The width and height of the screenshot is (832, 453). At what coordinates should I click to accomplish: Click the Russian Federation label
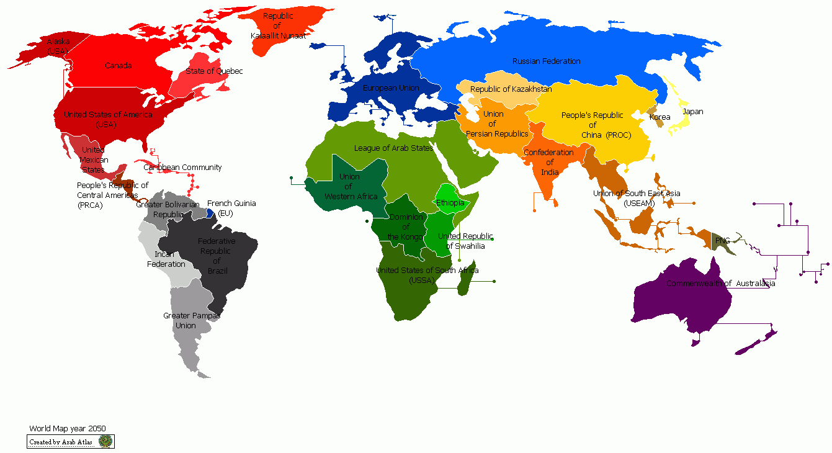pyautogui.click(x=546, y=61)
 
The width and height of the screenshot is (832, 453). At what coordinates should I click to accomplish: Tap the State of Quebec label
pyautogui.click(x=214, y=71)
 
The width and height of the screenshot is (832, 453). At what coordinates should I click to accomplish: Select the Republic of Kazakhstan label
pyautogui.click(x=511, y=89)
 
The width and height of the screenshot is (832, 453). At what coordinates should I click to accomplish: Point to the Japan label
pyautogui.click(x=692, y=112)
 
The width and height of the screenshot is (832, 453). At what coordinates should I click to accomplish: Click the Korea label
pyautogui.click(x=660, y=117)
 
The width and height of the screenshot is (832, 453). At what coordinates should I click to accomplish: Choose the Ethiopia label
pyautogui.click(x=450, y=203)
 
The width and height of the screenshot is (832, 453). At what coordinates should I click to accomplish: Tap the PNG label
pyautogui.click(x=722, y=240)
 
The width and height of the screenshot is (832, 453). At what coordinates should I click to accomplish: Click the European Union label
pyautogui.click(x=391, y=88)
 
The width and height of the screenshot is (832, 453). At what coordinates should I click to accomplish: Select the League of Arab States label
pyautogui.click(x=393, y=148)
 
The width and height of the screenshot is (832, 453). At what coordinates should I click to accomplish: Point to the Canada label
pyautogui.click(x=118, y=66)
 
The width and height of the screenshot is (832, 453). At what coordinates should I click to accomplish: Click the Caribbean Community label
pyautogui.click(x=182, y=168)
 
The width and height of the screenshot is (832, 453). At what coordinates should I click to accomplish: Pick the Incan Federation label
pyautogui.click(x=166, y=259)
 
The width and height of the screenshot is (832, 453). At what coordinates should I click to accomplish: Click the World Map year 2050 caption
pyautogui.click(x=68, y=429)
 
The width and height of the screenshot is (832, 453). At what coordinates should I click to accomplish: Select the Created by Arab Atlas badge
pyautogui.click(x=71, y=442)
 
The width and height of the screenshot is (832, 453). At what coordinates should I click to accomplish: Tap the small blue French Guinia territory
pyautogui.click(x=210, y=213)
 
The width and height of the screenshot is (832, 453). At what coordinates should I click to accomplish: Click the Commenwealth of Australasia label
pyautogui.click(x=720, y=284)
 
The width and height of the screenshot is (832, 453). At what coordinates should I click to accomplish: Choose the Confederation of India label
pyautogui.click(x=549, y=163)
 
